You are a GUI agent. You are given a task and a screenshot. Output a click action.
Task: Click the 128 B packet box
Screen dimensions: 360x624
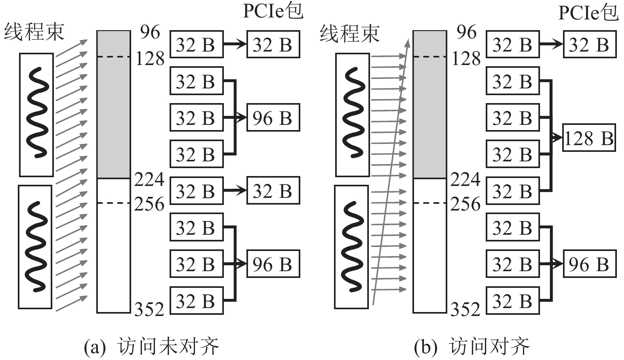pyautogui.click(x=589, y=138)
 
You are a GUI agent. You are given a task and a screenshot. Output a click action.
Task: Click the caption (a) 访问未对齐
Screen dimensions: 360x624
pyautogui.click(x=151, y=347)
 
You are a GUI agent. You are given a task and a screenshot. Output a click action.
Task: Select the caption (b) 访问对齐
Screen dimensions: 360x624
pyautogui.click(x=471, y=347)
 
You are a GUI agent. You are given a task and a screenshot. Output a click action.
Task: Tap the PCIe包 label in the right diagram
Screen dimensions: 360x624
pyautogui.click(x=588, y=13)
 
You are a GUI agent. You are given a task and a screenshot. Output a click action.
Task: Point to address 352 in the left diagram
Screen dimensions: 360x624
pyautogui.click(x=149, y=309)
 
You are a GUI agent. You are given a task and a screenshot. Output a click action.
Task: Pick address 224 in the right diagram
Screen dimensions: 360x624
pyautogui.click(x=465, y=180)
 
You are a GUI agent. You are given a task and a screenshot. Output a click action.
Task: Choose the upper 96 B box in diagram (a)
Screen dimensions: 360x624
pyautogui.click(x=273, y=118)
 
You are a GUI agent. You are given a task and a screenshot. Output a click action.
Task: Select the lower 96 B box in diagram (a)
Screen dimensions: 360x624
pyautogui.click(x=273, y=264)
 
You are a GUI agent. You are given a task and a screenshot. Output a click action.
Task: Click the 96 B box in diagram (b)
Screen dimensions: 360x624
pyautogui.click(x=589, y=264)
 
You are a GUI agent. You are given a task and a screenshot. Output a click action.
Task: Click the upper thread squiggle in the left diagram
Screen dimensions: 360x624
pyautogui.click(x=37, y=113)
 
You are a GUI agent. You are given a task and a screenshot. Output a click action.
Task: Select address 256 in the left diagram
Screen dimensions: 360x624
pyautogui.click(x=149, y=204)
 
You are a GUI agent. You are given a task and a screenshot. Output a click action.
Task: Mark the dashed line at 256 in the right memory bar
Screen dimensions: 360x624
pyautogui.click(x=429, y=203)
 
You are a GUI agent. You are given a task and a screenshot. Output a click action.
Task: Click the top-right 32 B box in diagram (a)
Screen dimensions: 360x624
pyautogui.click(x=273, y=44)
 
